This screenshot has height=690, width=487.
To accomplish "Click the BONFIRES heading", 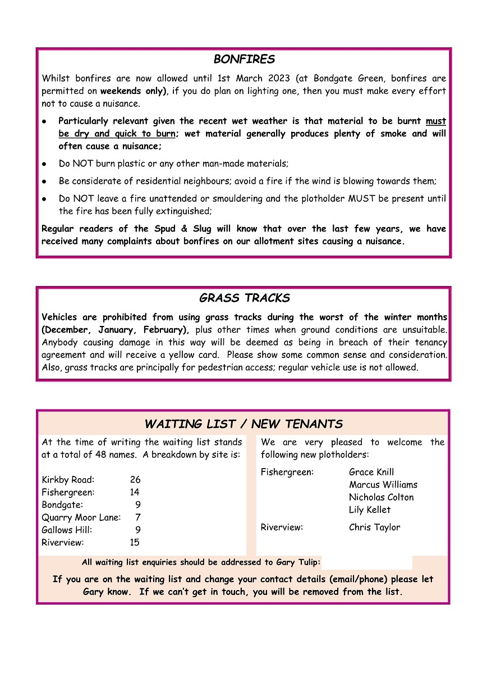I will [x=244, y=60].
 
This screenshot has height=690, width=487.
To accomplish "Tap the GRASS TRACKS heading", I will [x=244, y=298].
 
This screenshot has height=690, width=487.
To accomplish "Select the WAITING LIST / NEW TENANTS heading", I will [x=244, y=424].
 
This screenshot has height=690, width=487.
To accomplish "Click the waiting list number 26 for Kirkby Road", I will [x=135, y=480].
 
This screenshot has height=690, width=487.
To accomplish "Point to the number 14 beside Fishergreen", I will [x=135, y=492].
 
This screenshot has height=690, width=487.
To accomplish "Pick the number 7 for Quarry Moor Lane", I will [x=137, y=517].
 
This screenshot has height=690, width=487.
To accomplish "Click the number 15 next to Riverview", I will [x=135, y=543].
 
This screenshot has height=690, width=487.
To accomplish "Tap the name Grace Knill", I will [x=371, y=472].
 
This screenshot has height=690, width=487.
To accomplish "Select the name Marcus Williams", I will [x=383, y=484].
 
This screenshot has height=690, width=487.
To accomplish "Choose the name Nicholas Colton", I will [x=382, y=497].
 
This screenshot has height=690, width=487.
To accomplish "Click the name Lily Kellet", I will [x=370, y=510].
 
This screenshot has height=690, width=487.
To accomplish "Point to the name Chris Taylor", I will [x=374, y=528].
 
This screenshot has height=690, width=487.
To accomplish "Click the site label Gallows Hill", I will [x=67, y=530].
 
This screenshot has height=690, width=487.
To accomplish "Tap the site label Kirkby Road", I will [x=68, y=480].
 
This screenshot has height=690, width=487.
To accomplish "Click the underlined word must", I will [x=436, y=121].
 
